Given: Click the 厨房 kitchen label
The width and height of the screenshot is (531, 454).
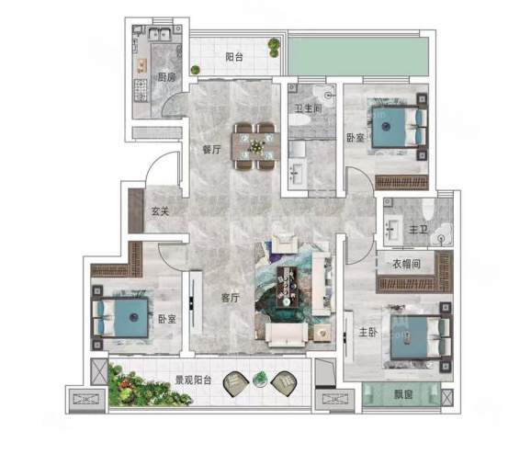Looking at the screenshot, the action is pos(166,77).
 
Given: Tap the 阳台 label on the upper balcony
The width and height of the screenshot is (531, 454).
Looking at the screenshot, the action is pos(234,57).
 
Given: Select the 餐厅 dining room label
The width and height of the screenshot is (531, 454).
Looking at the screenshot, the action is pos(211,150).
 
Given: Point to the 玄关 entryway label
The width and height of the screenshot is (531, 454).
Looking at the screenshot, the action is pos(160,211).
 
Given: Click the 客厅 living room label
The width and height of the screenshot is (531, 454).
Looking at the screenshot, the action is pos(231,298).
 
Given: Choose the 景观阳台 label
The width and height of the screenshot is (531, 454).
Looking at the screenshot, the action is pos(193,380).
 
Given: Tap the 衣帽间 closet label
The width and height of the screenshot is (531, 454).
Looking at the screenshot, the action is pos(406,264).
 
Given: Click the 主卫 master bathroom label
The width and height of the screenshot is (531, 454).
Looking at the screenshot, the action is pos(419,230).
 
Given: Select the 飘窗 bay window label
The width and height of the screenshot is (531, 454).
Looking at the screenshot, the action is pos(403,394).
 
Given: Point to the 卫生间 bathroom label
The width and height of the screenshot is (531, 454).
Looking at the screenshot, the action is pos(308,108).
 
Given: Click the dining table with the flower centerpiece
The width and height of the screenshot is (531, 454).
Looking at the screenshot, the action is pos(256,146).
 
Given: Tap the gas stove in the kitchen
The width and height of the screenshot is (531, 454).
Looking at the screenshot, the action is pos(141,90).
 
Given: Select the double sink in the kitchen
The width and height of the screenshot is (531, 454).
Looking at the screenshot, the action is pos(159,34).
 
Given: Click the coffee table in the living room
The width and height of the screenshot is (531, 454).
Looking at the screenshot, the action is pos(287,287).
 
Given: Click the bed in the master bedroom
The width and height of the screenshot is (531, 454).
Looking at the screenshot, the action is pos(421,337).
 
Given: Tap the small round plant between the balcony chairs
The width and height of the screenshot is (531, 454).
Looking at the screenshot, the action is pos(260,379).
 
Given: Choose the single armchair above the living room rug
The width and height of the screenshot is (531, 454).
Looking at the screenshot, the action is pos(285,242).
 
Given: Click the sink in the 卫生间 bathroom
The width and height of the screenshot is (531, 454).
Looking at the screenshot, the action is pos(298,174).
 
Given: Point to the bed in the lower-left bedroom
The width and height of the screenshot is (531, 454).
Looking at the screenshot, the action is pos(120,317).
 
